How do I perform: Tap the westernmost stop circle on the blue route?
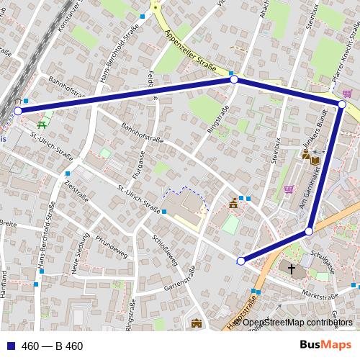[x=18, y=111]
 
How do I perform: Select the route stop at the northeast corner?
[x=342, y=105]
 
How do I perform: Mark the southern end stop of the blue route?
[x=241, y=261]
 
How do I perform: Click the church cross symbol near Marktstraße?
[x=292, y=270]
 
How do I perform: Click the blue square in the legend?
[x=7, y=346]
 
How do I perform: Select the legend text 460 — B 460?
[x=53, y=346]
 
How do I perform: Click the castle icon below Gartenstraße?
[x=196, y=325]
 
